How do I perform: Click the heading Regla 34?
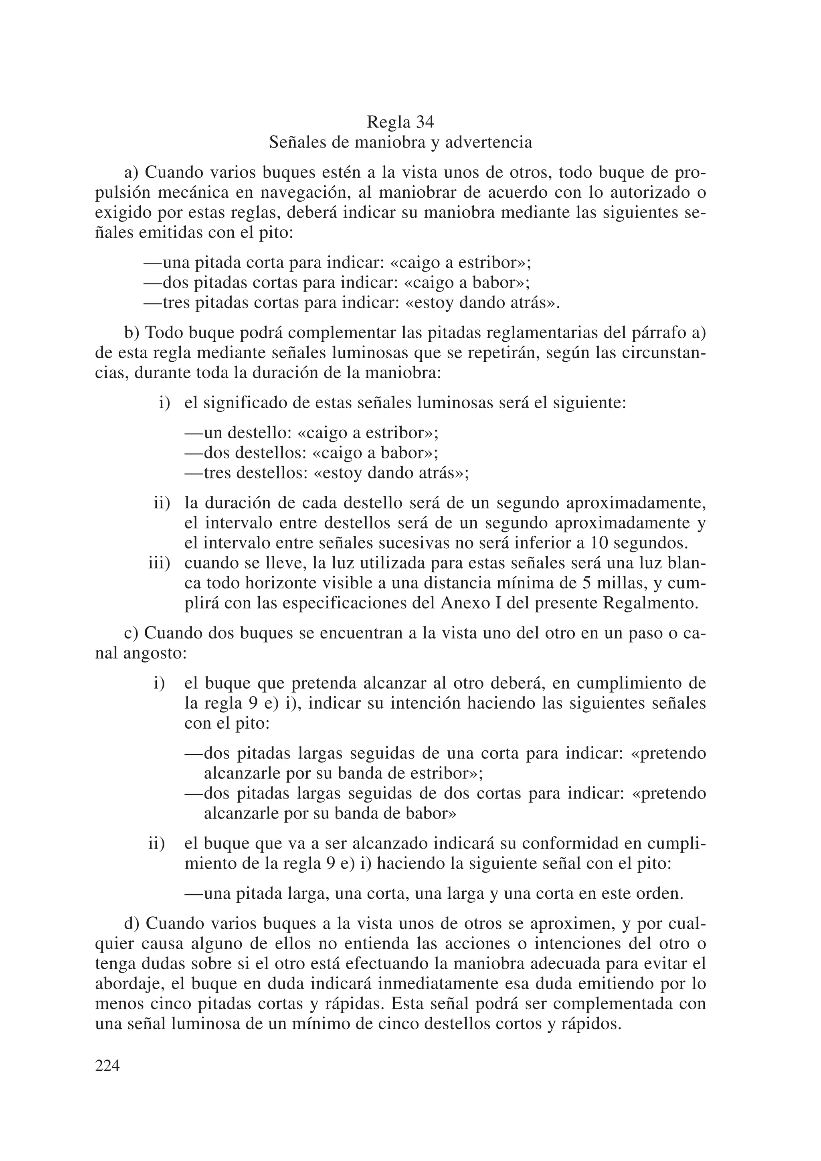pos(400,122)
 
